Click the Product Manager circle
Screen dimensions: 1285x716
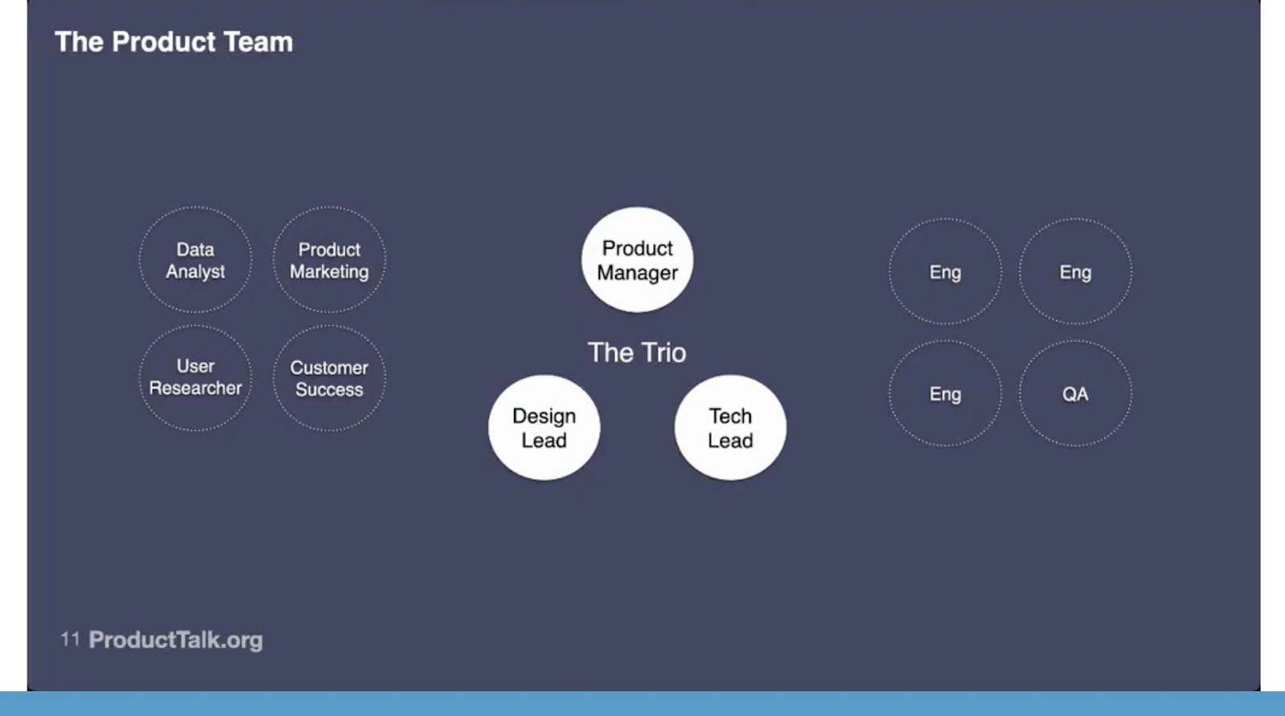tap(638, 260)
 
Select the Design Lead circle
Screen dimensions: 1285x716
tap(544, 428)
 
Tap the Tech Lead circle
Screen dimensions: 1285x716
tap(730, 428)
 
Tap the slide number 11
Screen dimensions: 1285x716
tap(70, 639)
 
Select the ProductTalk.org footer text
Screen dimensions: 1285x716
tap(176, 640)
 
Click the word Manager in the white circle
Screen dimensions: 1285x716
tap(638, 273)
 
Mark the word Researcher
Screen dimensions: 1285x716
tap(195, 388)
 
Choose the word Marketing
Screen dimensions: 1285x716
tap(329, 272)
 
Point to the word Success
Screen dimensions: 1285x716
tap(329, 390)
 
